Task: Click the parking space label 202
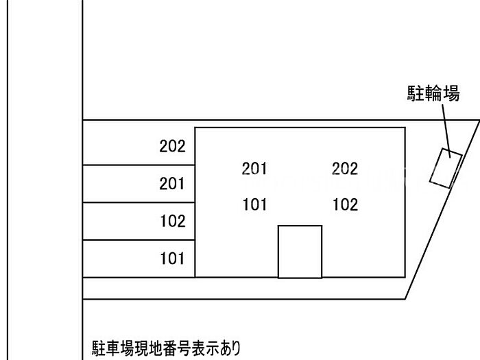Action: click(172, 146)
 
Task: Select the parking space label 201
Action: click(172, 184)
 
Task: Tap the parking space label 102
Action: click(172, 221)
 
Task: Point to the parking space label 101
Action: click(172, 259)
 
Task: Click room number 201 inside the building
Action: click(254, 169)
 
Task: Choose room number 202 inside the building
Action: click(345, 169)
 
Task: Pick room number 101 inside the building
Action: click(254, 204)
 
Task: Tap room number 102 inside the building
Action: click(345, 204)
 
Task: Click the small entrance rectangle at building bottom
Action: click(300, 252)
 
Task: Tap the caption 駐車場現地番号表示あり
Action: click(166, 348)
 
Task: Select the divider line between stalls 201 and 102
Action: click(137, 202)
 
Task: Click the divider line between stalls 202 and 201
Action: click(137, 165)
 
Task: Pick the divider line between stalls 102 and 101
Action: click(137, 240)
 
